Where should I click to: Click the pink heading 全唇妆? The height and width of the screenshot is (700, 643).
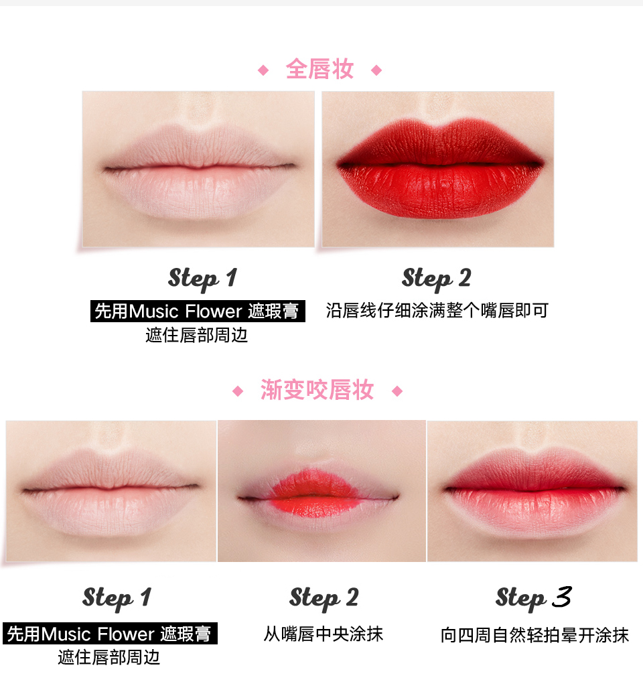coord(319,69)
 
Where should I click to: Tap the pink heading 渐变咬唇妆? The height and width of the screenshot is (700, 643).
coord(317,390)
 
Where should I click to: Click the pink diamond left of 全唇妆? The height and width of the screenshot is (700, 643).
coord(263,70)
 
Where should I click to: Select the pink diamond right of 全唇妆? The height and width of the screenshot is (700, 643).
coord(376,70)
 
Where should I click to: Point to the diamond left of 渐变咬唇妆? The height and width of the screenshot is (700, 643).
coord(238,391)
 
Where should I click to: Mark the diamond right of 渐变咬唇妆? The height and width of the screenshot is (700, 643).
coord(397,391)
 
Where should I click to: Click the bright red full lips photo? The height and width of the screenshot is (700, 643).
coord(438,169)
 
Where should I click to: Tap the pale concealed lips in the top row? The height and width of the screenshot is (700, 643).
coord(198,169)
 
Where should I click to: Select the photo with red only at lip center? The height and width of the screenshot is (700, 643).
coord(321,491)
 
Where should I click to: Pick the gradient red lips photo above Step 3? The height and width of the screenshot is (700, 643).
coord(532,491)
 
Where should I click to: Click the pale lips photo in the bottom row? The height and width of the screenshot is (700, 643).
coord(111,491)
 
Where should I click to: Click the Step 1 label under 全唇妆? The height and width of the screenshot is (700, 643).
coord(203,279)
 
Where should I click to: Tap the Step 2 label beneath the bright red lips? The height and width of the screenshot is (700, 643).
coord(436,279)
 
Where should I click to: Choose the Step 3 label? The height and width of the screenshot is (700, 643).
coord(534,598)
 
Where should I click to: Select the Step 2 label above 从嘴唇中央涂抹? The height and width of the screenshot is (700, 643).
coord(324,598)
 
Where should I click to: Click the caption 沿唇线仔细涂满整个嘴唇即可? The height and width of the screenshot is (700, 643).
coord(437,310)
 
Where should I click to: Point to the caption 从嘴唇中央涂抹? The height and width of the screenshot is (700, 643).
coord(324,634)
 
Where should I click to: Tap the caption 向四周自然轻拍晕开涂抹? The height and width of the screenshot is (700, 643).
coord(534,635)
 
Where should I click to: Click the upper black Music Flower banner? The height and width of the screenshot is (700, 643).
coord(198,311)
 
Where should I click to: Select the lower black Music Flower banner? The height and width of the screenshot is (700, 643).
coord(111,634)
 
